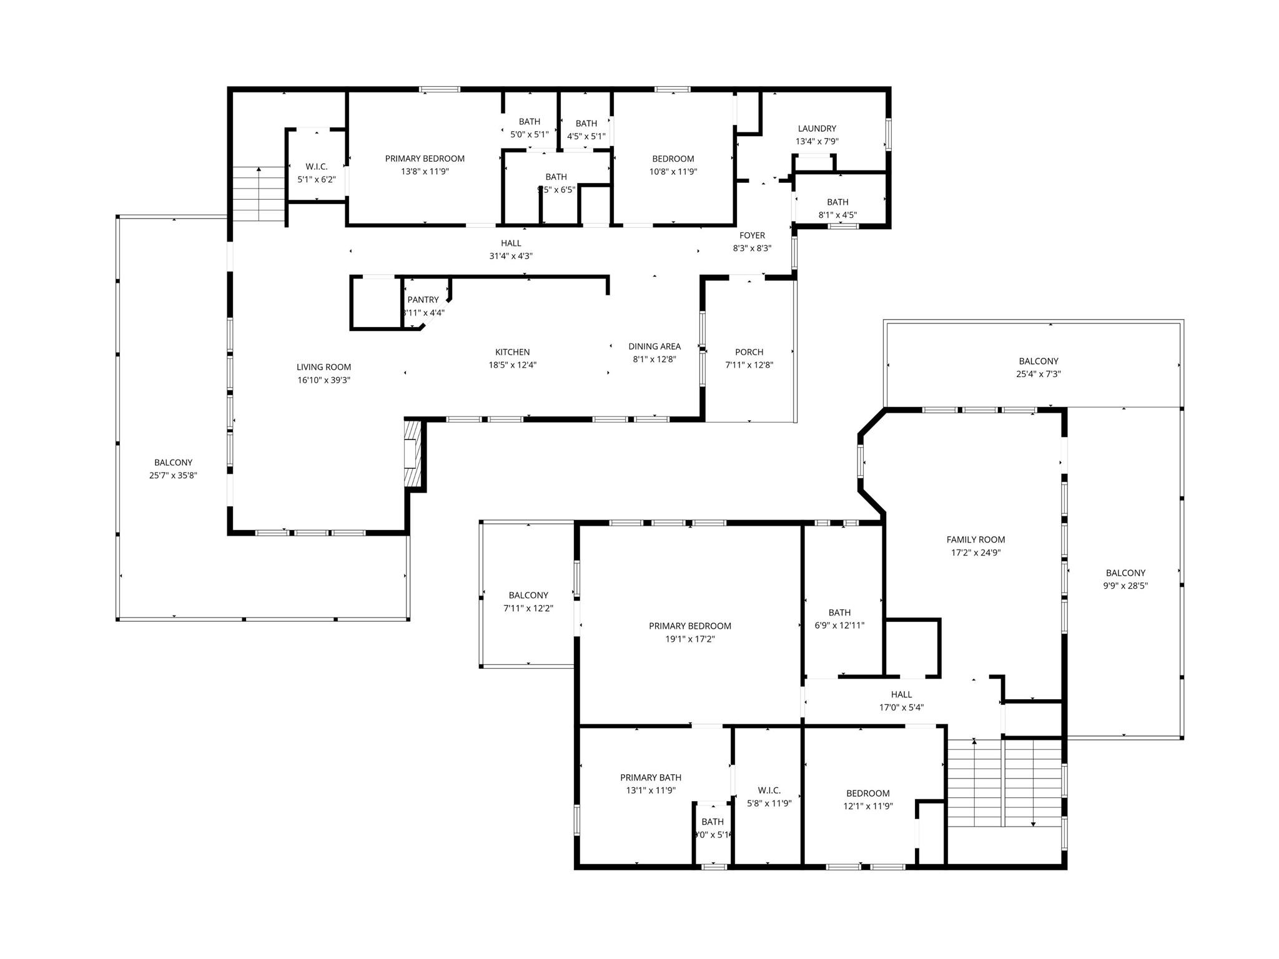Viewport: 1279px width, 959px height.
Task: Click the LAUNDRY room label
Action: (x=816, y=129)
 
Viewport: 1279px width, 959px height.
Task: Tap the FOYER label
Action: (x=752, y=235)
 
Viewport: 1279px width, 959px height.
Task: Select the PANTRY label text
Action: (x=423, y=300)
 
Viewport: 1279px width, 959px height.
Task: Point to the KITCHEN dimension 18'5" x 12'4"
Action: (x=512, y=365)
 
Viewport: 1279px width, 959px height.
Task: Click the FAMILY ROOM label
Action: (x=975, y=539)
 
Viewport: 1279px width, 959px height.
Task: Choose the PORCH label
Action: (x=749, y=352)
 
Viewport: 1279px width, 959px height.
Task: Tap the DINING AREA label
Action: (x=654, y=347)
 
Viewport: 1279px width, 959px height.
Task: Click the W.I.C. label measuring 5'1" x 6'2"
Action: (x=317, y=167)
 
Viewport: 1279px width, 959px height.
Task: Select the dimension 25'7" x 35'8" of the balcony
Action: (x=173, y=475)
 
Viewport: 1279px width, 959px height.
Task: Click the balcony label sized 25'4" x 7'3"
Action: (x=1038, y=361)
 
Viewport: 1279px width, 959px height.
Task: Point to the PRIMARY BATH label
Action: (x=650, y=777)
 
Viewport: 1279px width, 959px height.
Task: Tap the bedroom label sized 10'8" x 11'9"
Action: (x=673, y=159)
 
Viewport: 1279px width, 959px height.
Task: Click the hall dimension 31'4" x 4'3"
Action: (x=510, y=256)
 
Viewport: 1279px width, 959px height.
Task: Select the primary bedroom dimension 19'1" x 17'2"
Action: (x=689, y=639)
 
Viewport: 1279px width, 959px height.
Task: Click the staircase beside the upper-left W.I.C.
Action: (x=259, y=194)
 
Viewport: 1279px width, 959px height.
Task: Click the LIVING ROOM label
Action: (x=323, y=367)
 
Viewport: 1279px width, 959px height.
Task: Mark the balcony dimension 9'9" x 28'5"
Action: (x=1125, y=586)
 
